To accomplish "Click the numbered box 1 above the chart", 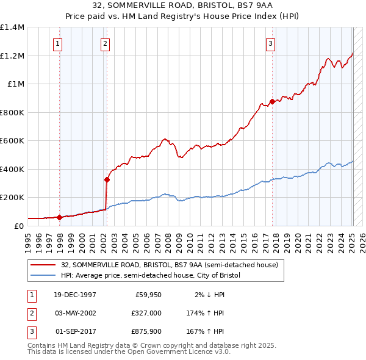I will coord(57,43).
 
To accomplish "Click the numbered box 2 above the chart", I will coord(105,43).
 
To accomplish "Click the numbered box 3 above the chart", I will coord(270,43).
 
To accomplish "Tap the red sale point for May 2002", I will coord(107,179).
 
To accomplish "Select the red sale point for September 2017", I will coord(272,101).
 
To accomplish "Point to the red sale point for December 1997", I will coord(59,217).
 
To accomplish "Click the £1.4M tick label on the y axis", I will coord(12,27).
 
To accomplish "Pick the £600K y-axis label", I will coord(12,141).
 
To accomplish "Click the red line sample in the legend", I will coord(43,265).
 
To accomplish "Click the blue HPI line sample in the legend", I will coord(43,275).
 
